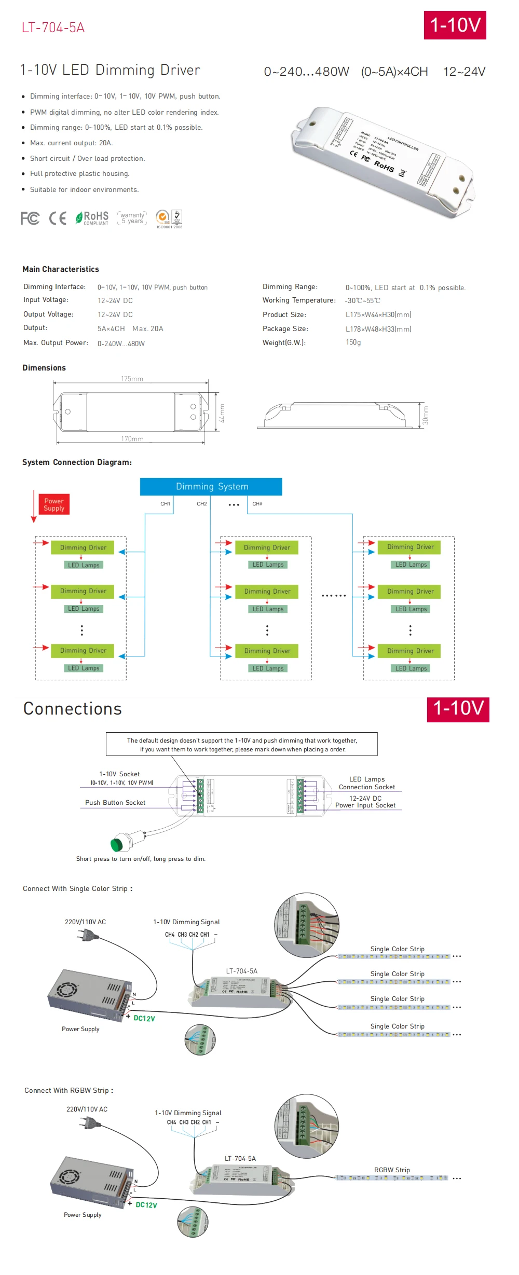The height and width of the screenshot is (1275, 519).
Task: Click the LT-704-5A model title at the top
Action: [53, 28]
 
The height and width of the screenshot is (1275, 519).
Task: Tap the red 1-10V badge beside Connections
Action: [458, 709]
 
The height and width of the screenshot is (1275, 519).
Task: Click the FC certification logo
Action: [30, 218]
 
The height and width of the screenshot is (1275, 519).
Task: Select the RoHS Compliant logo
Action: [92, 218]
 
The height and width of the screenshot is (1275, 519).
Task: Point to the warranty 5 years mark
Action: [132, 218]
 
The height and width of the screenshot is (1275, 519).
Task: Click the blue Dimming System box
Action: [211, 487]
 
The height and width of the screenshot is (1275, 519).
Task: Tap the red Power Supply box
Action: [54, 504]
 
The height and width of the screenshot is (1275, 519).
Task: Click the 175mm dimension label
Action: [132, 379]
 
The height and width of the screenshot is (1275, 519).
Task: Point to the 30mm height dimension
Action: [425, 415]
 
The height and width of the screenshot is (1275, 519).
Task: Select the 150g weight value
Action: [353, 342]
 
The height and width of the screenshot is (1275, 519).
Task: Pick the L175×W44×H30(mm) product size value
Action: [378, 315]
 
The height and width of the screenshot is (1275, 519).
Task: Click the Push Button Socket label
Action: [115, 803]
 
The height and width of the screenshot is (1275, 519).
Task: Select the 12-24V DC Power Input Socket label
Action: [365, 802]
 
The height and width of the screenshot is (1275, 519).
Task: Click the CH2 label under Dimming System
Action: [202, 504]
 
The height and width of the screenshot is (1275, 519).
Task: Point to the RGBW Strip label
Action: [392, 1170]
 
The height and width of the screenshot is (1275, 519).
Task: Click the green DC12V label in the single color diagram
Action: [144, 1018]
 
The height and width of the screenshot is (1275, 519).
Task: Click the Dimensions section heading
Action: [44, 368]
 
